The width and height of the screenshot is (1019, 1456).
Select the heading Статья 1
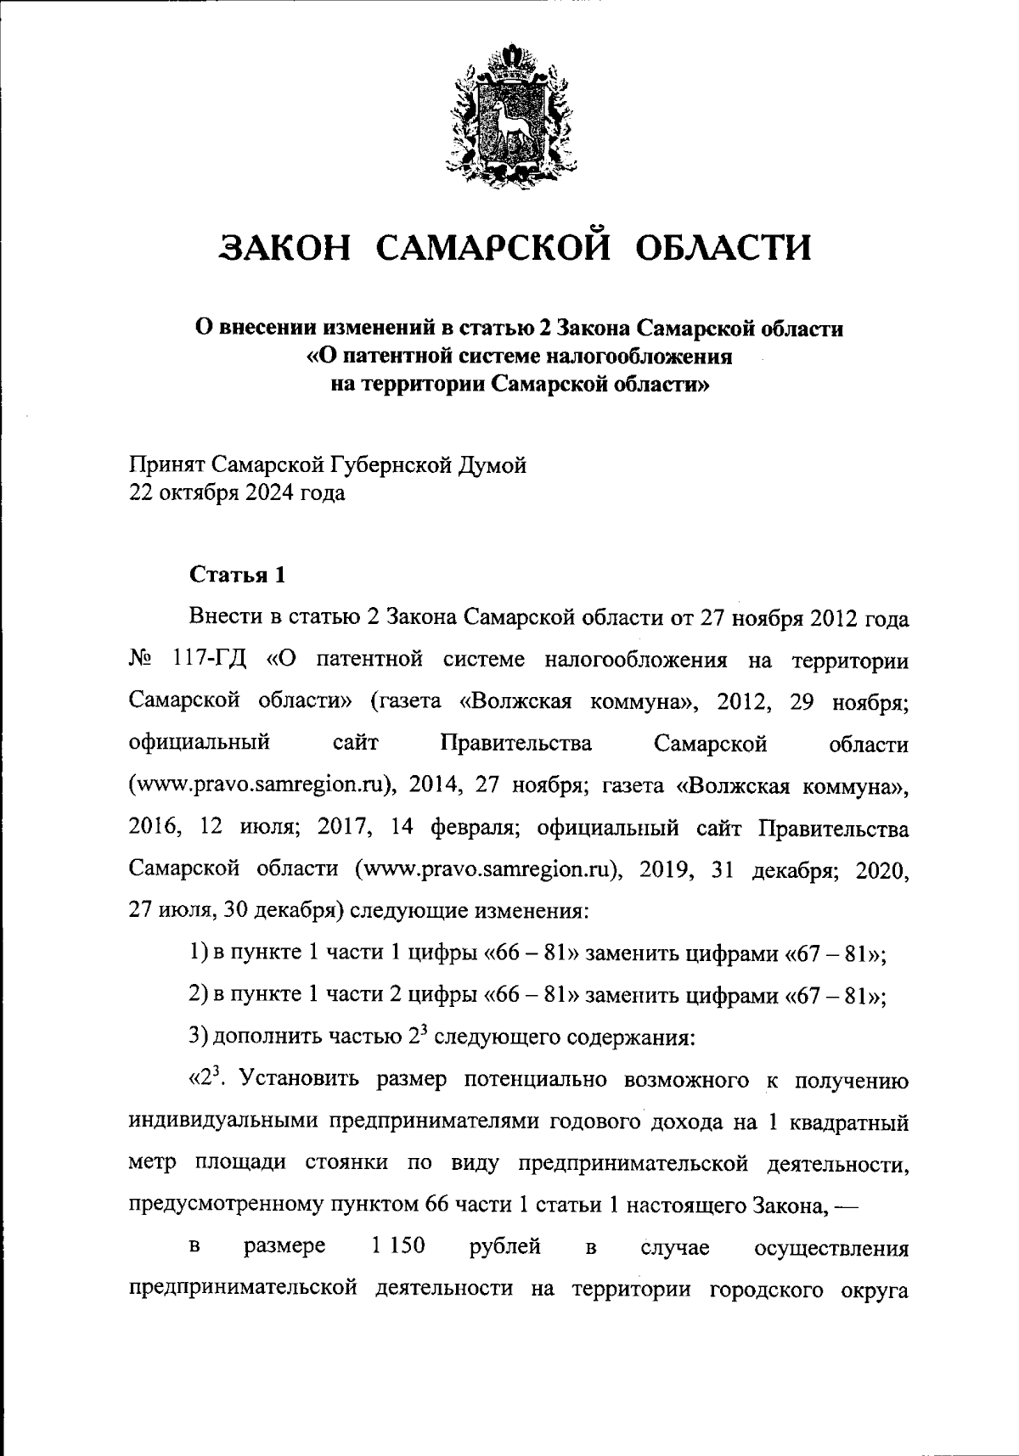coord(237,575)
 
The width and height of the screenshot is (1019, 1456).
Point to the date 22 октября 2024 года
coord(237,493)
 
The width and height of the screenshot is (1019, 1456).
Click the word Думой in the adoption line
coord(493,465)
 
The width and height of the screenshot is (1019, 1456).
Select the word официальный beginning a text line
coord(200,744)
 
